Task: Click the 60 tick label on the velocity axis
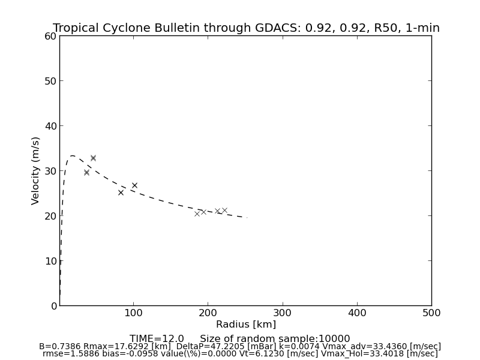coord(50,36)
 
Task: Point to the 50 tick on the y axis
coord(50,81)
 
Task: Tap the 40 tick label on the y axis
coord(50,126)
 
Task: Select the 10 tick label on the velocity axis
coord(50,261)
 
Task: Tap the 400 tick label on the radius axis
coord(357,313)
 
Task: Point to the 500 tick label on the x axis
coord(431,313)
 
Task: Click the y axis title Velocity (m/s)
coord(36,170)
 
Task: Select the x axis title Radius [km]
coord(246,325)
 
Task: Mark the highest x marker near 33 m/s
coord(93,158)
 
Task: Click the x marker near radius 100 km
coord(134,185)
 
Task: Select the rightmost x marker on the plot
coord(224,211)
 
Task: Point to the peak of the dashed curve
coord(73,156)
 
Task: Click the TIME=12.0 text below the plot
coord(157,339)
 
